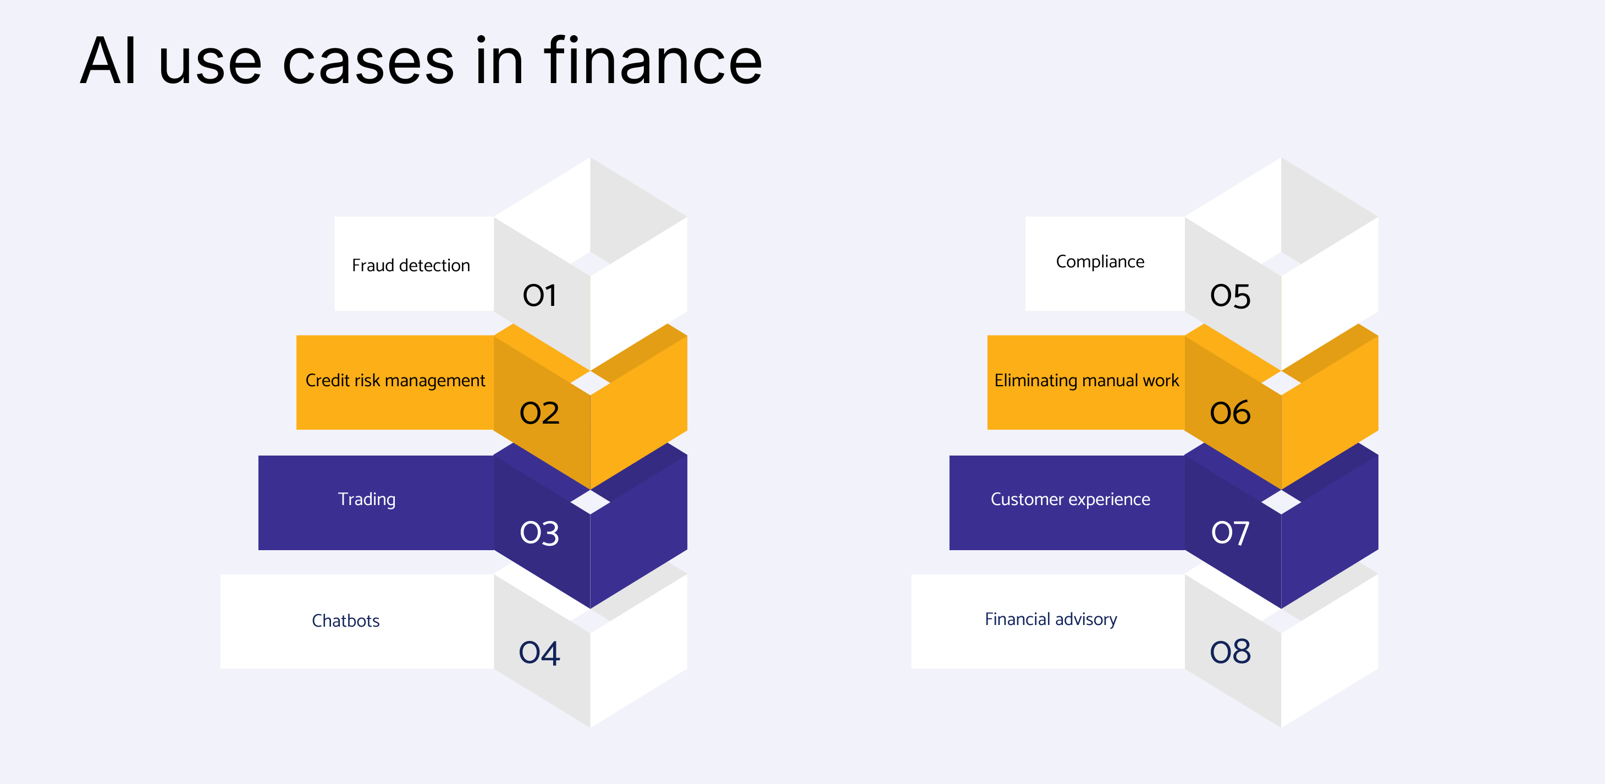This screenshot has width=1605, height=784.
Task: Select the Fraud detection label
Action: point(411,266)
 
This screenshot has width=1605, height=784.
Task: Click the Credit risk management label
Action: point(395,380)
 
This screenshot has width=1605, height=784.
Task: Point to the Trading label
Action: point(366,499)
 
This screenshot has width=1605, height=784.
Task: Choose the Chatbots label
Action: point(346,621)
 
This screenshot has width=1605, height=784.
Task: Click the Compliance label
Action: point(1100,262)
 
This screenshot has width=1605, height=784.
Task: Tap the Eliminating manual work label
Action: point(1086,380)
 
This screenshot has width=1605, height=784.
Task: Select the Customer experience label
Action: point(1070,499)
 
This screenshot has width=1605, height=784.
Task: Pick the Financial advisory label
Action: point(1050,619)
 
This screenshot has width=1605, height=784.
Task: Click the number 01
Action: point(539,295)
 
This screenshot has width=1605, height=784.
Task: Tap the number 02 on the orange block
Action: point(539,413)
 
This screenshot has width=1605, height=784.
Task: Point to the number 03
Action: point(539,534)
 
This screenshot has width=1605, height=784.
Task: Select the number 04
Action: point(539,653)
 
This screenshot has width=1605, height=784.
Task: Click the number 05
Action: point(1230,296)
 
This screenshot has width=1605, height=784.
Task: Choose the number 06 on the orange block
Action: point(1230,413)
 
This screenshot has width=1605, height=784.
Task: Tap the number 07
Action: point(1230,534)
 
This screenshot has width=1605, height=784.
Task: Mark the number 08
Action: point(1230,653)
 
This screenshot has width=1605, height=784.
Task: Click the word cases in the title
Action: point(368,62)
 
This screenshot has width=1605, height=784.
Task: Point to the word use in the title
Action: point(210,62)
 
